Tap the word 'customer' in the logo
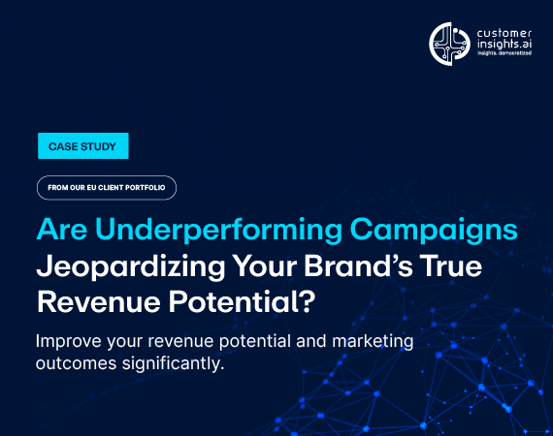click(x=504, y=34)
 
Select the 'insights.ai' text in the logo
click(x=504, y=44)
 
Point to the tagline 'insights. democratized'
click(x=504, y=53)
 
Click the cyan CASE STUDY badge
click(x=83, y=145)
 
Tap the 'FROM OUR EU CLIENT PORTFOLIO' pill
click(x=107, y=188)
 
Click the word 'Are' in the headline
click(x=62, y=230)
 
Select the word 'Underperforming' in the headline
click(x=218, y=231)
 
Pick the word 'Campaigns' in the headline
click(x=434, y=231)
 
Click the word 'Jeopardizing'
click(x=131, y=267)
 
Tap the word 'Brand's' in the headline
click(x=358, y=265)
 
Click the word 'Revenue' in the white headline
click(x=99, y=302)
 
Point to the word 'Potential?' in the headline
click(x=242, y=302)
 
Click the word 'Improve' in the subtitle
click(x=69, y=342)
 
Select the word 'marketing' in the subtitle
click(x=373, y=342)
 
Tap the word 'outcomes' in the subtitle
click(x=77, y=364)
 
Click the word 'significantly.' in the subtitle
click(x=174, y=364)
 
